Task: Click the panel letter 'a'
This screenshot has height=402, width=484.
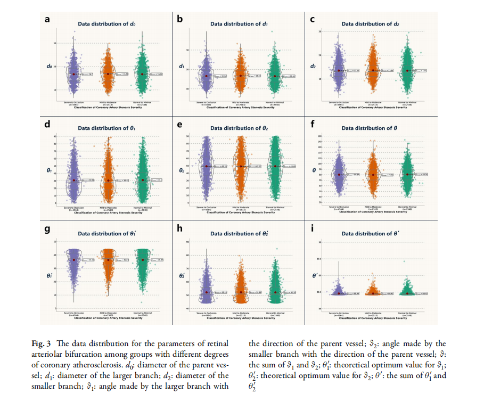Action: [x=47, y=20]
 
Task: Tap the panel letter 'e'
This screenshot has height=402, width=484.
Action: [x=180, y=124]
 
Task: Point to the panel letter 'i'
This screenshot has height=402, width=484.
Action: [x=312, y=229]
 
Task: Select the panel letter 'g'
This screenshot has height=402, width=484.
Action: [x=47, y=229]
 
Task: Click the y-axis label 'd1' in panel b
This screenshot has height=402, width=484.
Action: [x=181, y=67]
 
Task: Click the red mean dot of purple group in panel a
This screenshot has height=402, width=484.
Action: [x=74, y=74]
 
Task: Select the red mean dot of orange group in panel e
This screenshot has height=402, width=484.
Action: [x=241, y=166]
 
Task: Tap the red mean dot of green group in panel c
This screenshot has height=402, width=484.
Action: [x=408, y=70]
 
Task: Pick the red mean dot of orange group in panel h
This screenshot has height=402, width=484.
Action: [x=241, y=292]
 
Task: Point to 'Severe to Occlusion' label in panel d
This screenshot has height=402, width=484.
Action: [x=74, y=207]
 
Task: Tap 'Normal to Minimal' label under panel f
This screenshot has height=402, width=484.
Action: [x=408, y=207]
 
